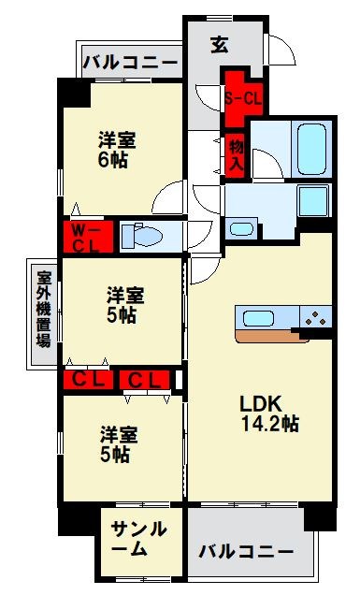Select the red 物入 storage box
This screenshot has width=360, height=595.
[x=237, y=155]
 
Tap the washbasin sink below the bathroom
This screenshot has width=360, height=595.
[x=242, y=227]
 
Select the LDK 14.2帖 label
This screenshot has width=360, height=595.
[x=268, y=414]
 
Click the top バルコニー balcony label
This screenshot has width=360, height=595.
[x=130, y=63]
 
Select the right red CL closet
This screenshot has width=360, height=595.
[x=146, y=379]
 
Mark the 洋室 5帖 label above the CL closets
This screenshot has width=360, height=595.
[x=123, y=304]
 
